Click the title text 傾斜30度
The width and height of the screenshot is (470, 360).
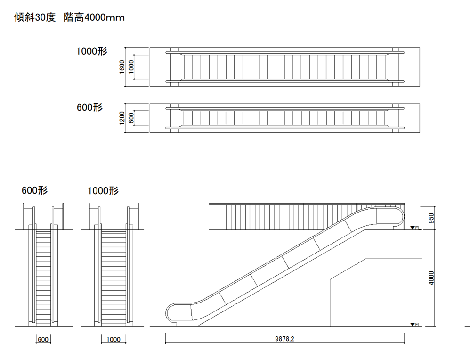tap(35, 17)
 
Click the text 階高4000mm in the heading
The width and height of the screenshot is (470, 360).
tap(94, 17)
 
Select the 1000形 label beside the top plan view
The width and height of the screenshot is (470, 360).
tap(92, 51)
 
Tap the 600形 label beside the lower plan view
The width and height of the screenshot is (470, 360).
tap(89, 107)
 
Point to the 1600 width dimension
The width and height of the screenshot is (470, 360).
tap(122, 66)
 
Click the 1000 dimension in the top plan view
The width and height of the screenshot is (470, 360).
tap(131, 66)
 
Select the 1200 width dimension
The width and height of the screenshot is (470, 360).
tap(122, 118)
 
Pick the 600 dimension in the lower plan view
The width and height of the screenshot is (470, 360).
tap(131, 118)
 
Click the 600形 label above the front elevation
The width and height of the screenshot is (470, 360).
tap(34, 190)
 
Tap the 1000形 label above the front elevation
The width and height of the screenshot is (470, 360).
tap(103, 190)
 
